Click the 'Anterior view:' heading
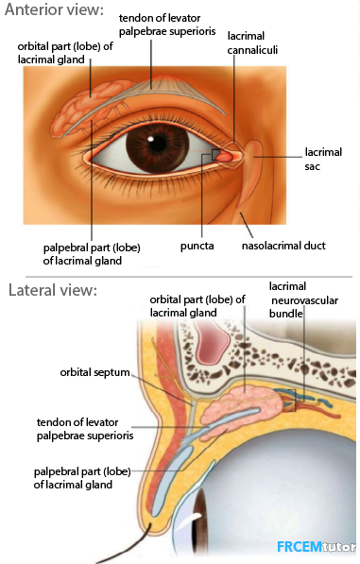click(54, 9)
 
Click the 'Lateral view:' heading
click(53, 290)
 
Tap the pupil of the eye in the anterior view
click(158, 145)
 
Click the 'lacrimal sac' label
click(323, 159)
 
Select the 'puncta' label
click(197, 246)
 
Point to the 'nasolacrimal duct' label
click(283, 246)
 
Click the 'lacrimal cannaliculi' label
click(252, 43)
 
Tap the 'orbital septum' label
click(94, 372)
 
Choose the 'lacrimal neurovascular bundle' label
click(303, 300)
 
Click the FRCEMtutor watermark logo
click(316, 547)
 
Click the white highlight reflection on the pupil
click(151, 138)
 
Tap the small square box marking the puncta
click(216, 155)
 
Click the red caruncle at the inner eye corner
click(225, 156)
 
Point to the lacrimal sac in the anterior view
click(253, 159)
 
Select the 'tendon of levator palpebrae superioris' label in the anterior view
click(167, 25)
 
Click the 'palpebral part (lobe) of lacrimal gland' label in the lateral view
click(82, 478)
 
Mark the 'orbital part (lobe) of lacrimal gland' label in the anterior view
click(65, 53)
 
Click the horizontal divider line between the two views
click(189, 277)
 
